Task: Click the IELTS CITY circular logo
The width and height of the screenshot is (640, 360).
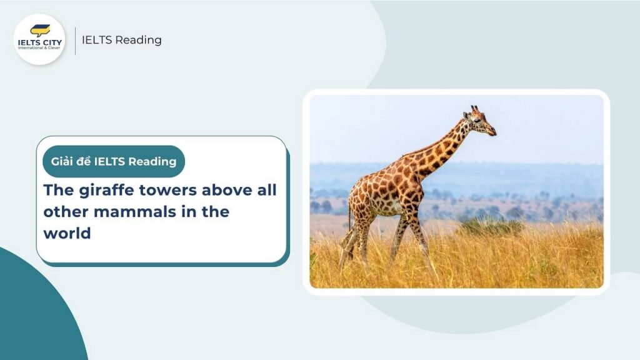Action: tap(39, 39)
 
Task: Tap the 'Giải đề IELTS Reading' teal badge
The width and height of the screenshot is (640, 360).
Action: tap(114, 162)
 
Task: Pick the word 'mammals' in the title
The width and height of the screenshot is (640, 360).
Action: tap(129, 211)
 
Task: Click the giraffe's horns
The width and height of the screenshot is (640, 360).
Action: tap(474, 109)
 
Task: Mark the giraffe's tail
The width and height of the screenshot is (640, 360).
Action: tap(349, 212)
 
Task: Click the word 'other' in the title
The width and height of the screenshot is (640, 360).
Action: tap(66, 211)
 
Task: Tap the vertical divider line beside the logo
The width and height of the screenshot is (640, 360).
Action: tap(76, 40)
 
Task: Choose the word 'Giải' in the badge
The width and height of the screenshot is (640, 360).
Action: tap(62, 162)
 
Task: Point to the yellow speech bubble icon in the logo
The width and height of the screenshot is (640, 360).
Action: tap(40, 30)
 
